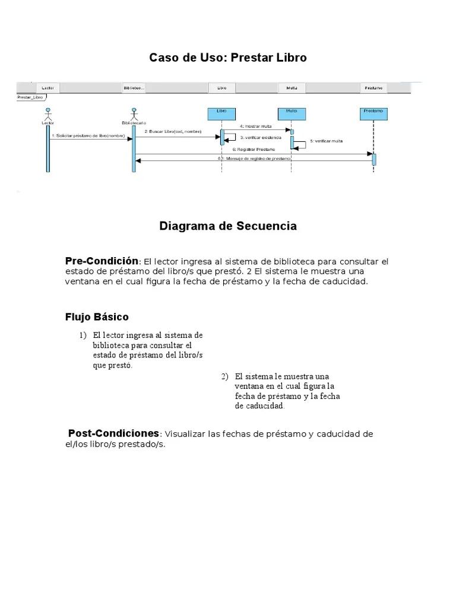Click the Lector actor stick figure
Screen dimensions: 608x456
[x=48, y=113]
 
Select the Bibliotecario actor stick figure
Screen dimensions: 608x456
[x=134, y=113]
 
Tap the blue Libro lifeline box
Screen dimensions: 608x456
[x=221, y=113]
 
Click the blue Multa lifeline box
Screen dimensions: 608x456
[x=291, y=113]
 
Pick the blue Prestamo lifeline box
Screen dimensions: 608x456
[x=373, y=113]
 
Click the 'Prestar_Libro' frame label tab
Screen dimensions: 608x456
[x=31, y=97]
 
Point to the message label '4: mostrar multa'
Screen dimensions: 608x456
[x=256, y=126]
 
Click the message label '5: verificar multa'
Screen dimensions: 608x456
[x=326, y=141]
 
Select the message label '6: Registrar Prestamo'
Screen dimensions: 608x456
[x=254, y=150]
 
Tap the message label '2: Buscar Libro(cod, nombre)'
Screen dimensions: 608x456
[x=173, y=131]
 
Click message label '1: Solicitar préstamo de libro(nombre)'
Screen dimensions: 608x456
[x=88, y=136]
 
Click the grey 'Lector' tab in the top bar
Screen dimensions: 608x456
[x=48, y=88]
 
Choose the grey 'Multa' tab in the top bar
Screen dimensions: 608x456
[x=292, y=88]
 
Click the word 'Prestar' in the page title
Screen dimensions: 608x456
[x=249, y=58]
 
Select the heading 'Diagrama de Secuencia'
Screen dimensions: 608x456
[x=228, y=226]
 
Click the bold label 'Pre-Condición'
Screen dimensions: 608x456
[x=102, y=261]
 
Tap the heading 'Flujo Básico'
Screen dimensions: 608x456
[x=97, y=317]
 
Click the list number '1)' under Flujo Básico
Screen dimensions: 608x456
[x=83, y=335]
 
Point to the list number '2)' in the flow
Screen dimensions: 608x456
[x=224, y=376]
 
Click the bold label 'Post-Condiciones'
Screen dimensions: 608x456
[x=113, y=433]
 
